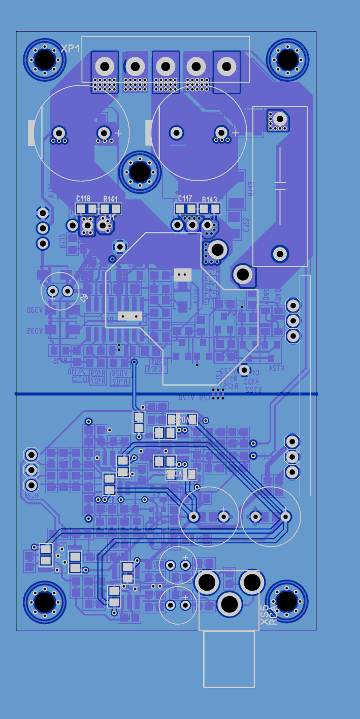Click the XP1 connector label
click(x=71, y=49)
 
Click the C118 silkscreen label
click(x=83, y=199)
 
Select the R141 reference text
click(x=110, y=199)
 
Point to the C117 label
click(x=185, y=198)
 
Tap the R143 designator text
click(x=209, y=199)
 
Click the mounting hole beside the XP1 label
click(x=45, y=59)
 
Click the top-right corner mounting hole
click(x=287, y=59)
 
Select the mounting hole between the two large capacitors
click(x=139, y=172)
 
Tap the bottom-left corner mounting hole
click(x=45, y=602)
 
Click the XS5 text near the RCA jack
click(x=264, y=615)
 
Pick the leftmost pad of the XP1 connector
click(x=105, y=66)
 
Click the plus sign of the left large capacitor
click(x=118, y=132)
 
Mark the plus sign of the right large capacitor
click(x=236, y=132)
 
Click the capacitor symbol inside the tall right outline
click(x=280, y=185)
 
